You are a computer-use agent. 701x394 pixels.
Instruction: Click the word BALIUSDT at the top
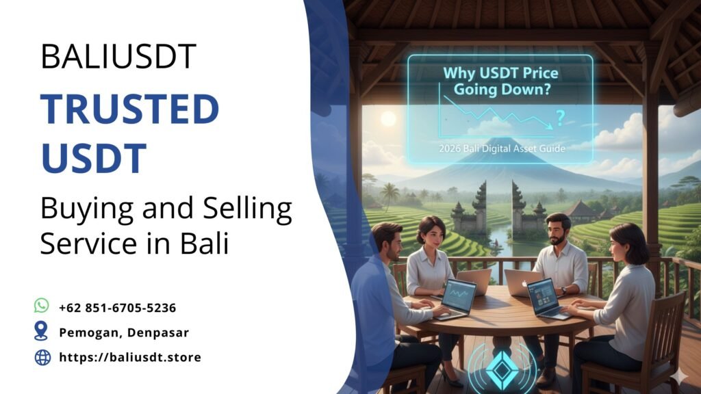118,55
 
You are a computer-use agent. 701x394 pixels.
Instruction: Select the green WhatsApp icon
42,306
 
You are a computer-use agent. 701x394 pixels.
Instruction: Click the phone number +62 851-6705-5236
118,308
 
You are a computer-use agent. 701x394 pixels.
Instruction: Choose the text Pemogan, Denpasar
124,332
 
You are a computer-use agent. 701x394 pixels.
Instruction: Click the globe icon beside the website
42,357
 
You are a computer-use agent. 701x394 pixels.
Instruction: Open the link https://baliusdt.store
130,357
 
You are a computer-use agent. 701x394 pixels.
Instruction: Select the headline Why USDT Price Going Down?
500,81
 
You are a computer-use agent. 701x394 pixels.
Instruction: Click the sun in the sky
388,118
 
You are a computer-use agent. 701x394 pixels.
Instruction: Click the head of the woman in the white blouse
431,231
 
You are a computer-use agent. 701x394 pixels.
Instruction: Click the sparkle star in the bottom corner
679,377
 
